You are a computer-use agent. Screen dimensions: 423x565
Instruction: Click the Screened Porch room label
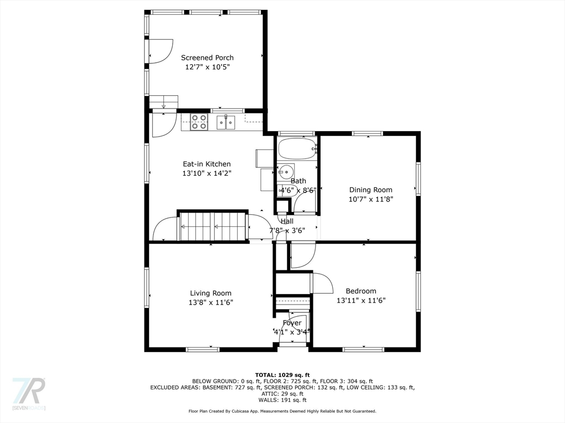coord(207,57)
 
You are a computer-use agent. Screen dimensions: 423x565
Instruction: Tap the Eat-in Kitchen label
coord(207,164)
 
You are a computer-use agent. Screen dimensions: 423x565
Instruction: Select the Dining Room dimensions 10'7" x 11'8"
coord(371,199)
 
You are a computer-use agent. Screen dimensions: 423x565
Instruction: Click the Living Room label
coord(211,293)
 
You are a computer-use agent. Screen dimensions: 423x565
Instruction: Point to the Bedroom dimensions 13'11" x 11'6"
coord(361,301)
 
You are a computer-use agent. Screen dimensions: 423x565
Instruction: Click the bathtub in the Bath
coord(297,149)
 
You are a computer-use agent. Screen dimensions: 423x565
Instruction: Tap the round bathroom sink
coord(285,172)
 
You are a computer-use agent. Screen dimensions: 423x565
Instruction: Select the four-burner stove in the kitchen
coord(199,122)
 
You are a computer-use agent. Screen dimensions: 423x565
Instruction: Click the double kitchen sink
coord(226,122)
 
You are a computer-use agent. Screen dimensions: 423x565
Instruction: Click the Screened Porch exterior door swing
coord(161,51)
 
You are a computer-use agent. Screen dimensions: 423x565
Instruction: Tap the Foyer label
coord(292,323)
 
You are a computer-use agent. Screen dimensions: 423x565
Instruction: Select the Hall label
coord(287,221)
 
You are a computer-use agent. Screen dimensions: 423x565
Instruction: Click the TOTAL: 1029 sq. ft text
coord(282,375)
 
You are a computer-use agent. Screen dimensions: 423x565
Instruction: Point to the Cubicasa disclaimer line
coord(282,411)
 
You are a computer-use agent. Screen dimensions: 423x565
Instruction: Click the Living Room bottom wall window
coord(202,349)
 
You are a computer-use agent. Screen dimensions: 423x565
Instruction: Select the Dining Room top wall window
coord(367,133)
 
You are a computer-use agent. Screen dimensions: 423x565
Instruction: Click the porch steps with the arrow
coord(164,102)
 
